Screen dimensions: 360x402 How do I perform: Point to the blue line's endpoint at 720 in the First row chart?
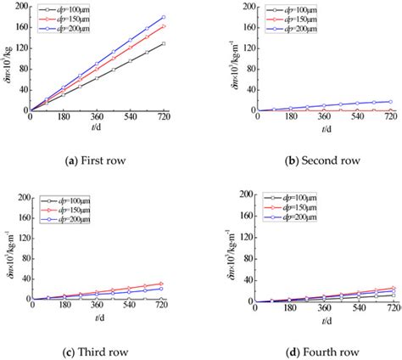point(163,17)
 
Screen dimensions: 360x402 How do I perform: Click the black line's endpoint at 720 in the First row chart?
point(163,43)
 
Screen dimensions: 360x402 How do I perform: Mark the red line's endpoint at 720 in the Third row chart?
point(163,284)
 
